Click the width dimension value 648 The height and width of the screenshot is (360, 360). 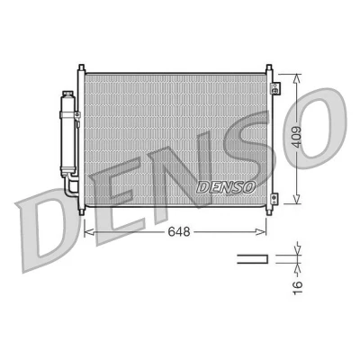click(x=179, y=231)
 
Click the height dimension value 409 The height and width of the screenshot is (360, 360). click(x=297, y=137)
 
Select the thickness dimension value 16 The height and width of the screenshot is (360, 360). click(x=297, y=288)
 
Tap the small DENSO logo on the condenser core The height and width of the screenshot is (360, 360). click(x=226, y=187)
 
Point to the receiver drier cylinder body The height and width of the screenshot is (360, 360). click(x=68, y=134)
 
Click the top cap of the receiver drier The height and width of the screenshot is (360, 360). click(x=68, y=94)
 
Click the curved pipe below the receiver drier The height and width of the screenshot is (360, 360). click(x=71, y=186)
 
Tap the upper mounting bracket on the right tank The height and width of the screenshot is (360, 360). click(x=274, y=88)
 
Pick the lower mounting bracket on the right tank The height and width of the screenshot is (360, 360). click(x=274, y=198)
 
